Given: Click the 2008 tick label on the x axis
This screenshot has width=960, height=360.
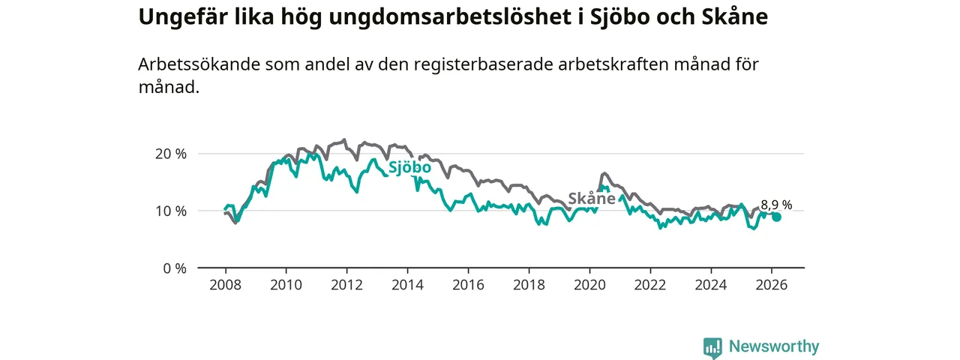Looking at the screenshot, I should pyautogui.click(x=225, y=285).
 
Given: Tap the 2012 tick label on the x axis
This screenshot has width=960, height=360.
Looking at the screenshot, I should pyautogui.click(x=346, y=285).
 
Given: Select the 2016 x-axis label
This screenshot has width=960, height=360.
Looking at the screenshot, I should pyautogui.click(x=468, y=285).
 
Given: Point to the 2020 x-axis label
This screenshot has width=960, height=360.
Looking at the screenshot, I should pyautogui.click(x=589, y=285).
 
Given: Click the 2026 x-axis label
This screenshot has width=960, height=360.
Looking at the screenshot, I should pyautogui.click(x=771, y=285).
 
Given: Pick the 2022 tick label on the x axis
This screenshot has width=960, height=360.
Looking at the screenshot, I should pyautogui.click(x=649, y=285).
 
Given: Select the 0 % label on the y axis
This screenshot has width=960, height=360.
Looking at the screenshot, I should pyautogui.click(x=173, y=268).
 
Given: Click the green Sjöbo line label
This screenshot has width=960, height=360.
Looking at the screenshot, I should pyautogui.click(x=409, y=167).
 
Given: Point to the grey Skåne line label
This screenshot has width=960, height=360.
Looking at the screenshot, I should pyautogui.click(x=591, y=199).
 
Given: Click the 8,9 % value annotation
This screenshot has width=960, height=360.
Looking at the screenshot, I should pyautogui.click(x=776, y=205).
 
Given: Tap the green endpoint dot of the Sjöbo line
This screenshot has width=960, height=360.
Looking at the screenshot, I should pyautogui.click(x=777, y=217).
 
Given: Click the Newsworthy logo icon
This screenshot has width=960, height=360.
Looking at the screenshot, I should pyautogui.click(x=712, y=347).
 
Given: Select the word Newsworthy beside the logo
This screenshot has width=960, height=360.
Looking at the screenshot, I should pyautogui.click(x=774, y=347).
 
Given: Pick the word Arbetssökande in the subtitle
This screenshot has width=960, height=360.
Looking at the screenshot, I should pyautogui.click(x=197, y=64).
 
